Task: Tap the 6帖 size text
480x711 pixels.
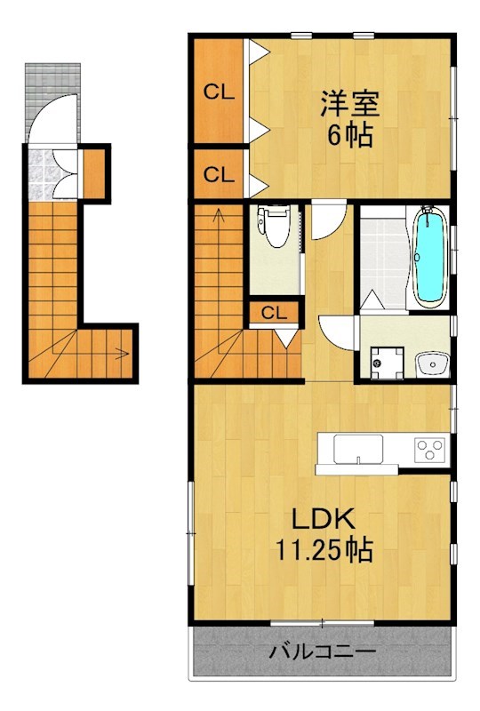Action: click(349, 136)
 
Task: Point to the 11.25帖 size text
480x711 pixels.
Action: click(321, 549)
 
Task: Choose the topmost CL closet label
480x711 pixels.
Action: click(219, 92)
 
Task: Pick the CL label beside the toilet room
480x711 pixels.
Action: click(274, 313)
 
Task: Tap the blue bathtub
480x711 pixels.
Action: click(429, 255)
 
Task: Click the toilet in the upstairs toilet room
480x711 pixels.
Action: click(276, 228)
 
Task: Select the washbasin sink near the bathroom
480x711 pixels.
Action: click(431, 364)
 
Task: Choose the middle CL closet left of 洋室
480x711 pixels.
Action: click(219, 175)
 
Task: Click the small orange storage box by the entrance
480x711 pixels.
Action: click(94, 171)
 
